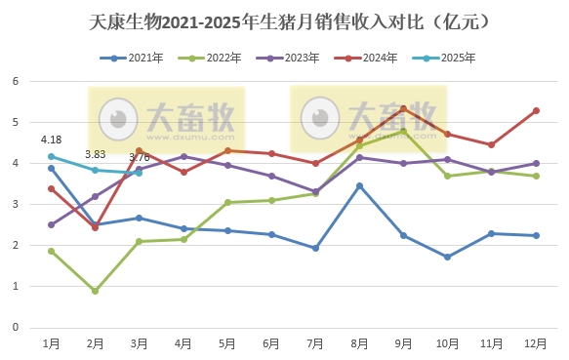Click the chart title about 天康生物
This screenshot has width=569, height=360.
pyautogui.click(x=284, y=20)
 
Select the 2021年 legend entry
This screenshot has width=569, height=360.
pyautogui.click(x=134, y=59)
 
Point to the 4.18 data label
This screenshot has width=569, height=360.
pyautogui.click(x=51, y=140)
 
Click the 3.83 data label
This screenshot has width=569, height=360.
pyautogui.click(x=95, y=154)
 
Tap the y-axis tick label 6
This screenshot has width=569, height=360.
pyautogui.click(x=17, y=81)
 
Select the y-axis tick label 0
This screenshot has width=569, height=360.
pyautogui.click(x=17, y=328)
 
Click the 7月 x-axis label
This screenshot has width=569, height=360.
pyautogui.click(x=315, y=343)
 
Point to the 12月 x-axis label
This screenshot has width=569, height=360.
pyautogui.click(x=536, y=343)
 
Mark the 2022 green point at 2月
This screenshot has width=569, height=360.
pyautogui.click(x=95, y=291)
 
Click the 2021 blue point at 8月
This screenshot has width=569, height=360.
pyautogui.click(x=359, y=185)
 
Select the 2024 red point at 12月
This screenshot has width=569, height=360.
pyautogui.click(x=536, y=110)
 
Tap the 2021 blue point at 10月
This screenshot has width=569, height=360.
pyautogui.click(x=447, y=257)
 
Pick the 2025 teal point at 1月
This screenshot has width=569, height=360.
pyautogui.click(x=51, y=156)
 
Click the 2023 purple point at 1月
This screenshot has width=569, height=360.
pyautogui.click(x=51, y=224)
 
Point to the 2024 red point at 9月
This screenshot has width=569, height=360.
pyautogui.click(x=403, y=108)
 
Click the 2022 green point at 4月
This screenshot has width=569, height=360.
pyautogui.click(x=183, y=239)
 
